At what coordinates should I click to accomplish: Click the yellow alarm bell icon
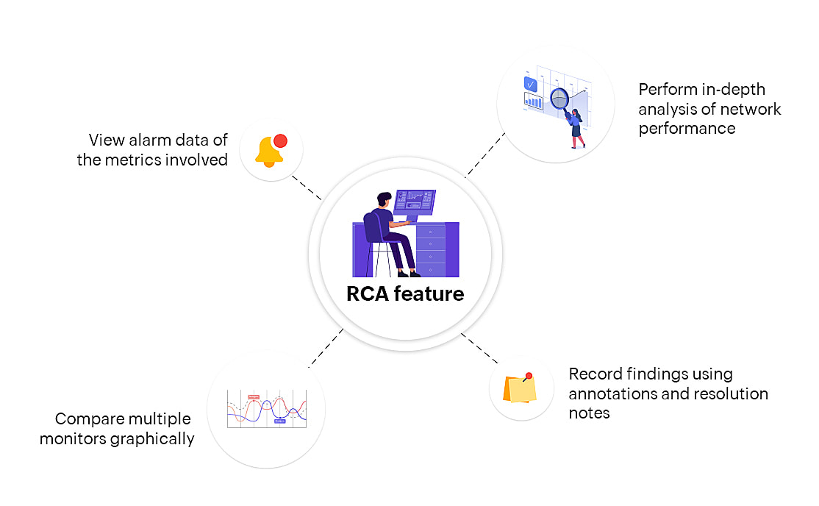click(268, 152)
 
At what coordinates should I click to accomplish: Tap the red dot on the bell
click(280, 141)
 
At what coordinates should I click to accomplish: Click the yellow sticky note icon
click(519, 389)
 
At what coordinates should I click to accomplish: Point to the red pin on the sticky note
click(529, 376)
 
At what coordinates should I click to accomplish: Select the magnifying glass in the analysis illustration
click(560, 98)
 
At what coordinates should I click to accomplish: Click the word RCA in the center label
click(368, 294)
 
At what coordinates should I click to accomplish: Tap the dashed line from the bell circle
click(306, 187)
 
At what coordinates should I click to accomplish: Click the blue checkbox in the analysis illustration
click(530, 84)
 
